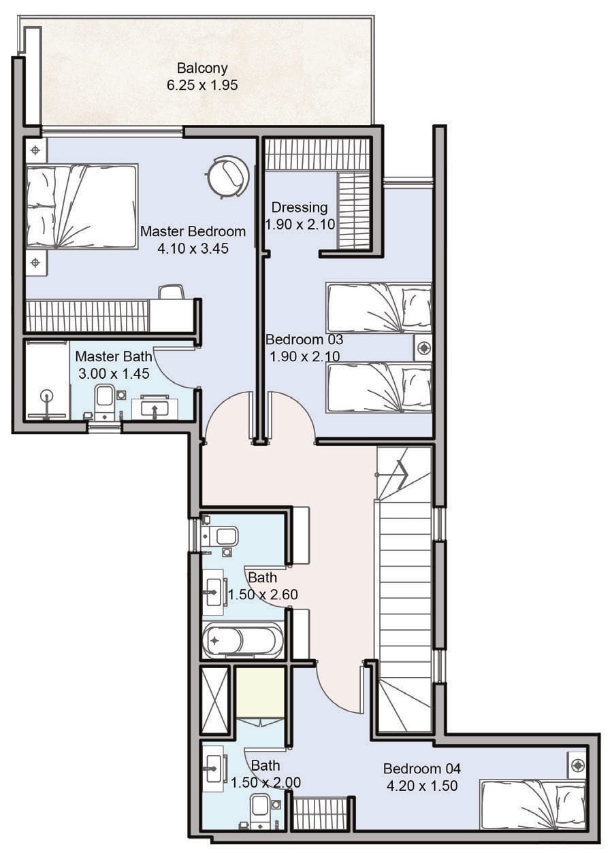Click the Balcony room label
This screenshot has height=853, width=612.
coord(202,69)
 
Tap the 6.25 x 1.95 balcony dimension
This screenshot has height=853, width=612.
coord(202,85)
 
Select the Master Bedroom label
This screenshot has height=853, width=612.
coord(193,231)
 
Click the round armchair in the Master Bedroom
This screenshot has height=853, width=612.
coord(227,176)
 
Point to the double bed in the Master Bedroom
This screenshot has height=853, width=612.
coord(82,206)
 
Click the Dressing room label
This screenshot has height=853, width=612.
coord(300,207)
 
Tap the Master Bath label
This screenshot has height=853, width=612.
coord(114,356)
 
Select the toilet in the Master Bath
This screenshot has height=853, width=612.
coord(104,401)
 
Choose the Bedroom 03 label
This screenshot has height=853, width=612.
coord(304,339)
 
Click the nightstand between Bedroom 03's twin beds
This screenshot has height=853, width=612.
coord(423,348)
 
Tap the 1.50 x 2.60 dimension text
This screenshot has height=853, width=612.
coord(263,595)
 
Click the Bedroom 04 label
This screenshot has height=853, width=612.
coord(422,769)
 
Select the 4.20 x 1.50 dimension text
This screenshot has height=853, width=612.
coord(422,786)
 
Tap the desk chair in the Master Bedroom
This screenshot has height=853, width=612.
coord(172,292)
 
